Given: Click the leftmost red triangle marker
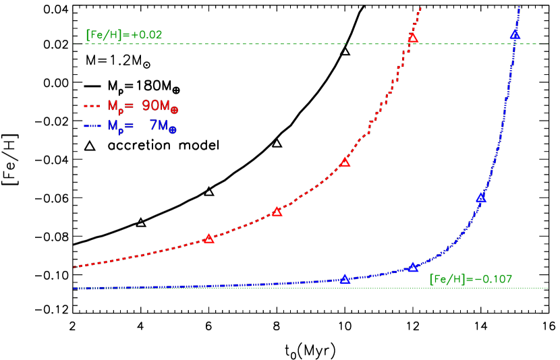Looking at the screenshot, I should [208, 239].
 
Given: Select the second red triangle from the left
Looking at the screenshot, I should [277, 212].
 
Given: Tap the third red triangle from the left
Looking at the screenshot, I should [345, 162].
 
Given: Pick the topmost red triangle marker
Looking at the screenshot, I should [413, 38].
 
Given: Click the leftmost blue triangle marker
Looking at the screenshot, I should [345, 279].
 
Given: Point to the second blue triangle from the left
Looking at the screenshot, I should [413, 268].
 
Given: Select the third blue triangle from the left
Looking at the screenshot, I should [481, 198].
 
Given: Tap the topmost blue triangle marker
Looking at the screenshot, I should [515, 35].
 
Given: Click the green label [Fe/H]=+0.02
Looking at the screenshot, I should [124, 35].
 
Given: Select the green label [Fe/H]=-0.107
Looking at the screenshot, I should [471, 279].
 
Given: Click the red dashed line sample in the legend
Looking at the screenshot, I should [92, 106].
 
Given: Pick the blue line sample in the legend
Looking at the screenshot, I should [92, 126].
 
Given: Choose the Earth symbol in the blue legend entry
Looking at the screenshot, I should [173, 129].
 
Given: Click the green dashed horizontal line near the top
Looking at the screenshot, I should [270, 44].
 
